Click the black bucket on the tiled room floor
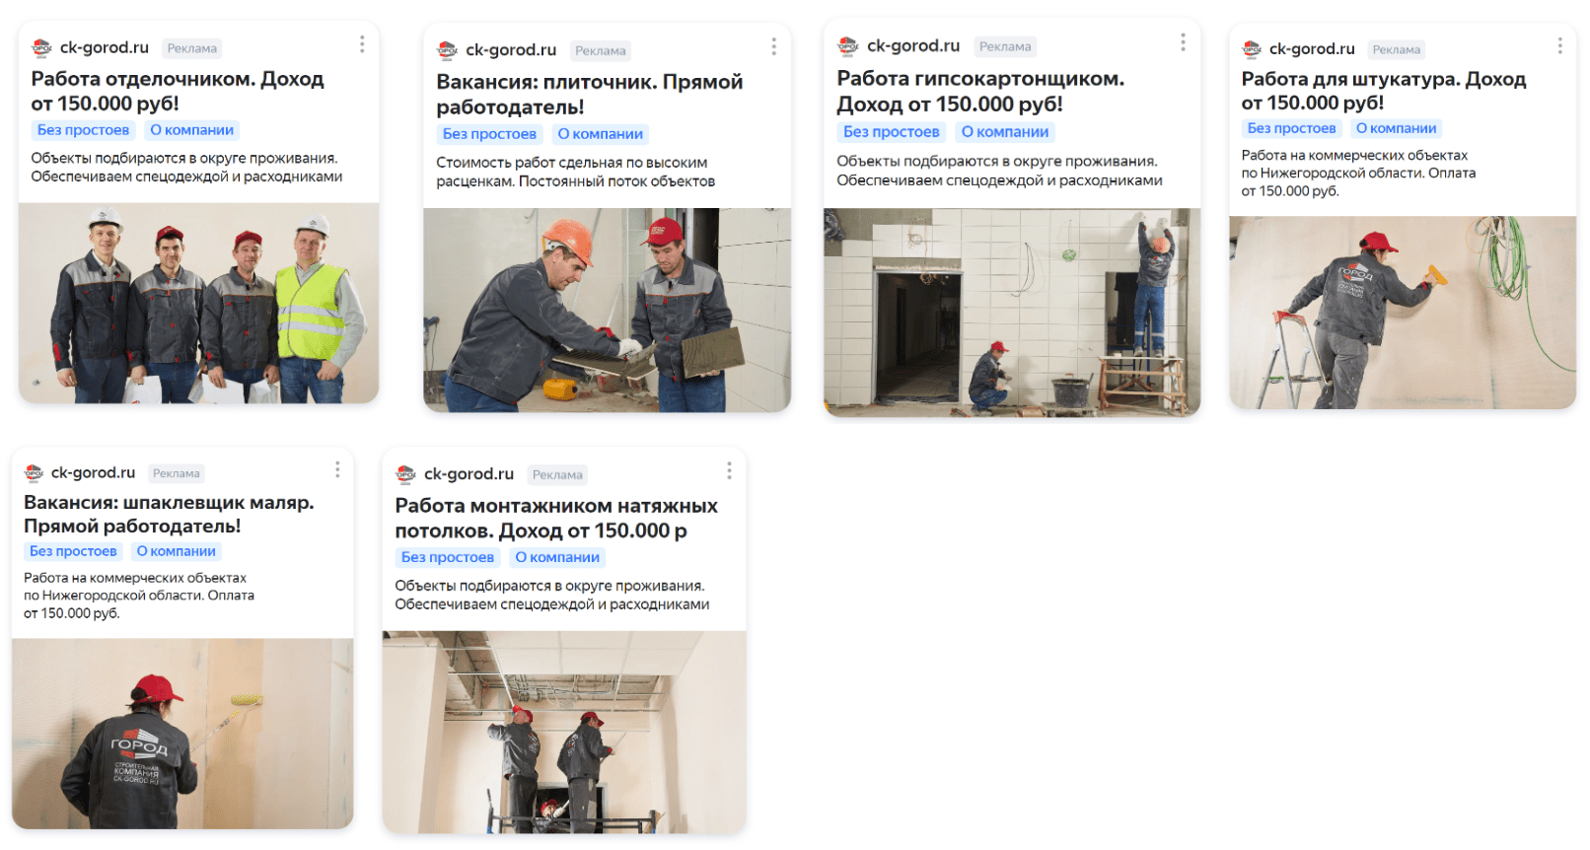click(1071, 392)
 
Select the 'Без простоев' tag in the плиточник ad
click(489, 134)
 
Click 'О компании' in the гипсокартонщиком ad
click(1004, 132)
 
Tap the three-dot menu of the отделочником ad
click(362, 44)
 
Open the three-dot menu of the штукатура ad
click(1559, 46)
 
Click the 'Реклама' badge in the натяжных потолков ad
click(557, 474)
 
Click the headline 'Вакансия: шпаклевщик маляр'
click(169, 502)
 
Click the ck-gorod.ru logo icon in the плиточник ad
click(447, 50)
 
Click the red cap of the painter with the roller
click(156, 688)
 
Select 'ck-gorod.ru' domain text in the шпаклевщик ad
click(93, 472)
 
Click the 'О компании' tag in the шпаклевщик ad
click(176, 551)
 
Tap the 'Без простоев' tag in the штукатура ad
click(1291, 128)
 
